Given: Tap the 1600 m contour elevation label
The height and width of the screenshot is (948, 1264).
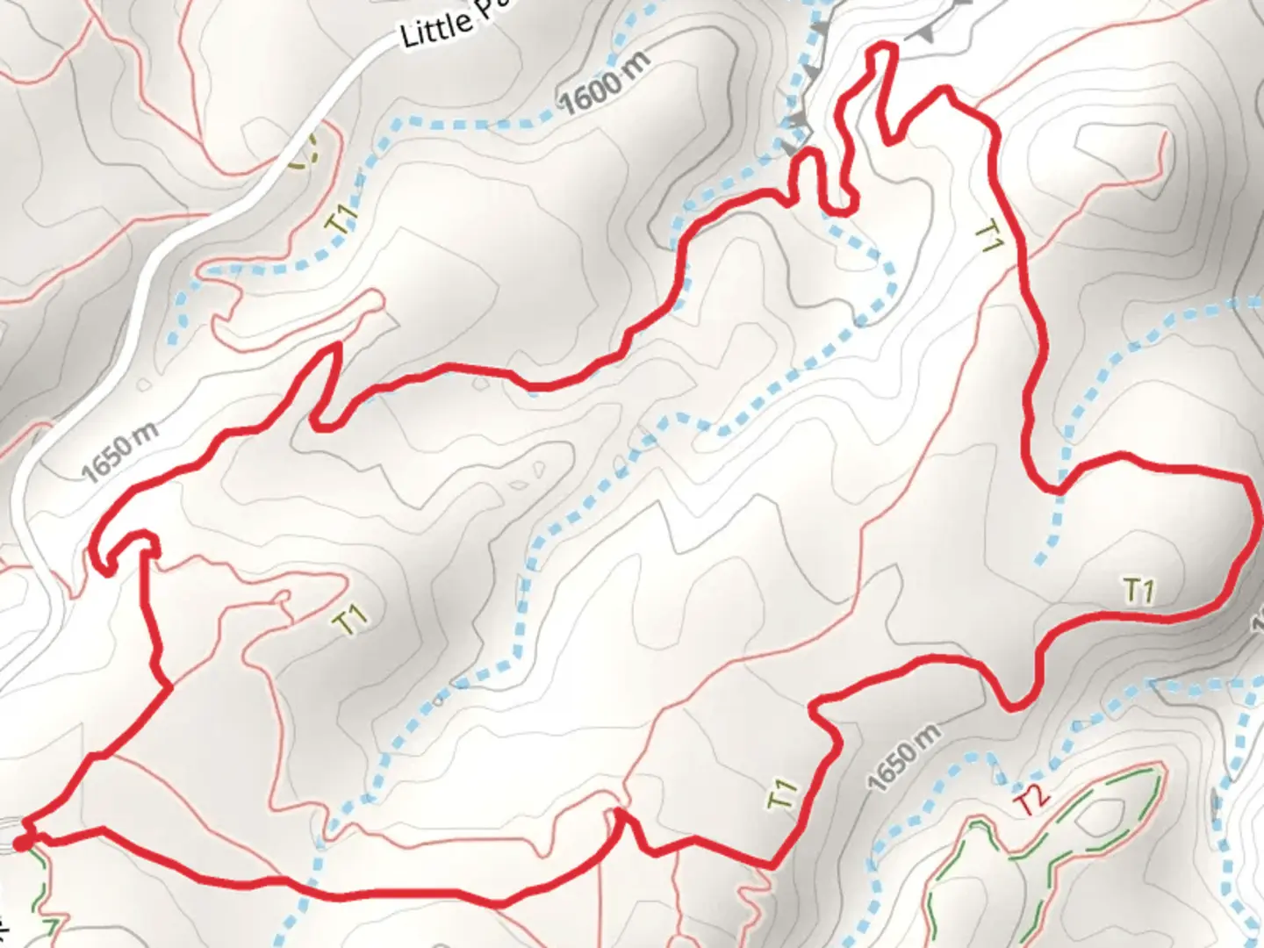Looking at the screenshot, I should [x=606, y=83].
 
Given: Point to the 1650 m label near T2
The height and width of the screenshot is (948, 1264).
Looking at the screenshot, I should [x=904, y=757].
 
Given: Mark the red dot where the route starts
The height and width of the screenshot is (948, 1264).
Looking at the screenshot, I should [x=21, y=844].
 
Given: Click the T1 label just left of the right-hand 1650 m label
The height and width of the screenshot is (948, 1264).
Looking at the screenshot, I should [x=784, y=794].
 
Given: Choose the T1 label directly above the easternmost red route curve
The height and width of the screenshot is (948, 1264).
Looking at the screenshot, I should [x=1138, y=591].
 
